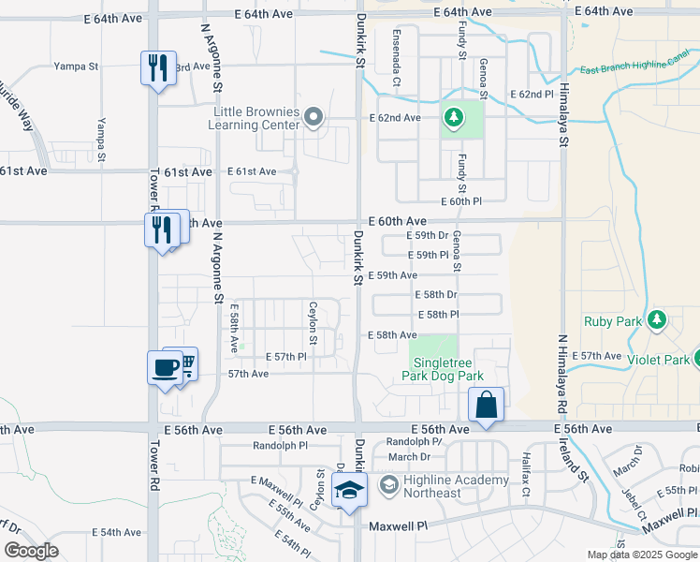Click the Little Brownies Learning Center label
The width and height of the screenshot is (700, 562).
pyautogui.click(x=255, y=119)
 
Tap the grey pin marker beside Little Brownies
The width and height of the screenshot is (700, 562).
pyautogui.click(x=314, y=118)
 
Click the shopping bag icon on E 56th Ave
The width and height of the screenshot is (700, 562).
pyautogui.click(x=487, y=406)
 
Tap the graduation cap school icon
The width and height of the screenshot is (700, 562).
pyautogui.click(x=349, y=490)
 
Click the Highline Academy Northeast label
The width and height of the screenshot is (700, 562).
pyautogui.click(x=456, y=487)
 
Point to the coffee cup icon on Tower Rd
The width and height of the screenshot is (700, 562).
pyautogui.click(x=166, y=366)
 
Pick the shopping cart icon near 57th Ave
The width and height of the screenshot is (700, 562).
pyautogui.click(x=187, y=363)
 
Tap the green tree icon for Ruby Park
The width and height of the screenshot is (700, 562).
pyautogui.click(x=657, y=320)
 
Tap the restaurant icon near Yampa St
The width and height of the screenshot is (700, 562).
pyautogui.click(x=158, y=67)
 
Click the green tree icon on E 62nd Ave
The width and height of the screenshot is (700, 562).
pyautogui.click(x=454, y=117)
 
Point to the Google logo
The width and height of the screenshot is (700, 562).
pyautogui.click(x=31, y=551)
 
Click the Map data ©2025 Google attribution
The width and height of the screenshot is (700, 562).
pyautogui.click(x=642, y=555)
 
